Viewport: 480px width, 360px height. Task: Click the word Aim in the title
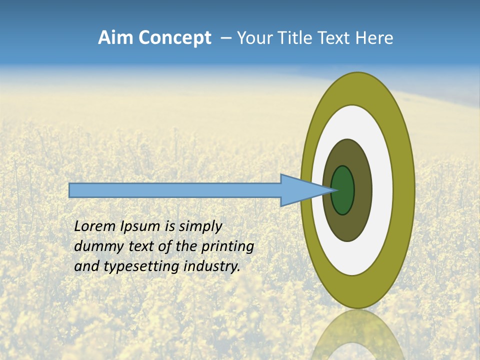(116, 38)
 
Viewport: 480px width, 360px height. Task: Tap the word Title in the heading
(298, 38)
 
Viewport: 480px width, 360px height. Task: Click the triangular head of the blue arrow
(300, 190)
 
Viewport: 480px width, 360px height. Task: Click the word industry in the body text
(212, 266)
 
